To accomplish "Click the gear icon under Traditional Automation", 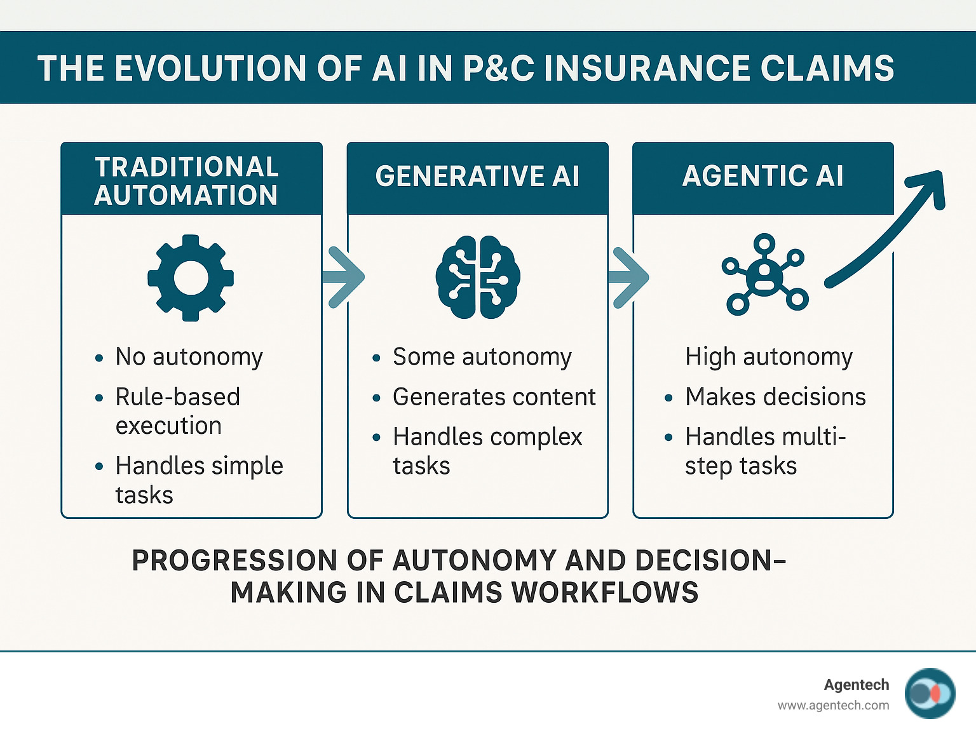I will [x=191, y=278].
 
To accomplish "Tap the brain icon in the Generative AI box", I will [x=478, y=278].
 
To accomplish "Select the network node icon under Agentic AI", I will [x=765, y=274].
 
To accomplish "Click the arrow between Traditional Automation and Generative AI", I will [x=343, y=277].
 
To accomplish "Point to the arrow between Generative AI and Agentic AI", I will [x=629, y=277].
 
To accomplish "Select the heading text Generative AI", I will [x=477, y=176].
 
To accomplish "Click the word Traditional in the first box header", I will [x=187, y=166].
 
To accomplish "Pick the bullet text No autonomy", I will [x=189, y=357].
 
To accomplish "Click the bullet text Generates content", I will [x=494, y=397].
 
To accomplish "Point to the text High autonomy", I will [x=769, y=357].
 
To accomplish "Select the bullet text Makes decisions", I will [x=775, y=397].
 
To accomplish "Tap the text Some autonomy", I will [x=482, y=357].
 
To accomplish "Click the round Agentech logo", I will [x=930, y=694].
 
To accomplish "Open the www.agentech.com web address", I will [x=833, y=705].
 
